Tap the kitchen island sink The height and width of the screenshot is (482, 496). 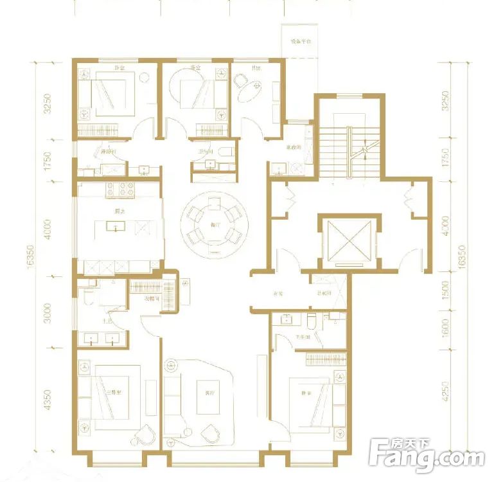118,226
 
